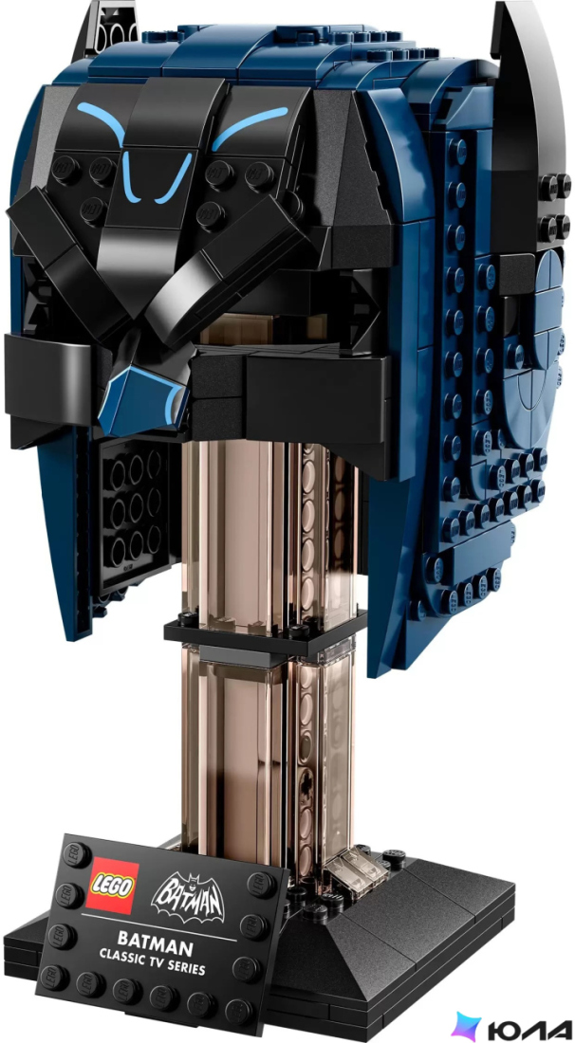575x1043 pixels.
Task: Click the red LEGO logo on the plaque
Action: [x=113, y=886]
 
